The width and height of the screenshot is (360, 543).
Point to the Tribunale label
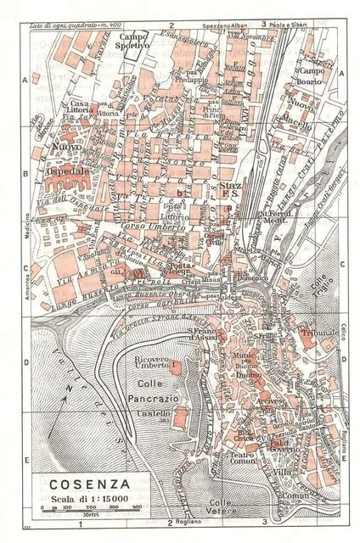(x=324, y=332)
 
